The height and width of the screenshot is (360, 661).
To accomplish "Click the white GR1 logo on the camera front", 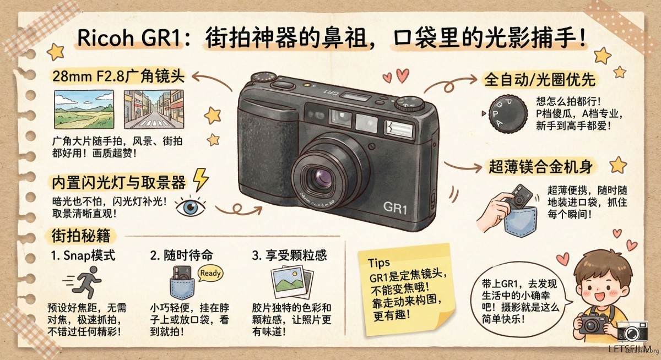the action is (395, 208).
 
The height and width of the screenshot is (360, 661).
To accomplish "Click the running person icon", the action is (84, 282).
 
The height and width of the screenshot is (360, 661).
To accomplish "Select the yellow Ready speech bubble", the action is (210, 273).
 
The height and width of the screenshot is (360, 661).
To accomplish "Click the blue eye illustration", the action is (191, 206).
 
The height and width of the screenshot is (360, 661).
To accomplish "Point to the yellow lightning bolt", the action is (201, 179).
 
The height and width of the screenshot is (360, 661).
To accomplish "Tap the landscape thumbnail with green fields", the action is (84, 110).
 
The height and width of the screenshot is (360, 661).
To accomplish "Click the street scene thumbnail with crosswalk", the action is (154, 110).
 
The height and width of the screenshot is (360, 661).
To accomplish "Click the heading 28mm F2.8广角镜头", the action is (118, 77).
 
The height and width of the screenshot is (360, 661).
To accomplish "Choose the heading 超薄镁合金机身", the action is (540, 167).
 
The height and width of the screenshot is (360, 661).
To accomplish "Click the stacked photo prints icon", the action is (292, 282).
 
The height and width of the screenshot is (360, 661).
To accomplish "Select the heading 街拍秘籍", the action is (81, 236).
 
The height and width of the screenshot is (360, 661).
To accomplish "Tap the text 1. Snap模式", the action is (83, 255).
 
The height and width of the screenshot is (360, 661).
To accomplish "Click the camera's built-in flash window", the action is (399, 129).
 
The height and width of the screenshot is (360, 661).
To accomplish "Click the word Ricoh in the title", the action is (106, 38).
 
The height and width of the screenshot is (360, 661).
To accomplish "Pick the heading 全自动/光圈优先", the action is (540, 80).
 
